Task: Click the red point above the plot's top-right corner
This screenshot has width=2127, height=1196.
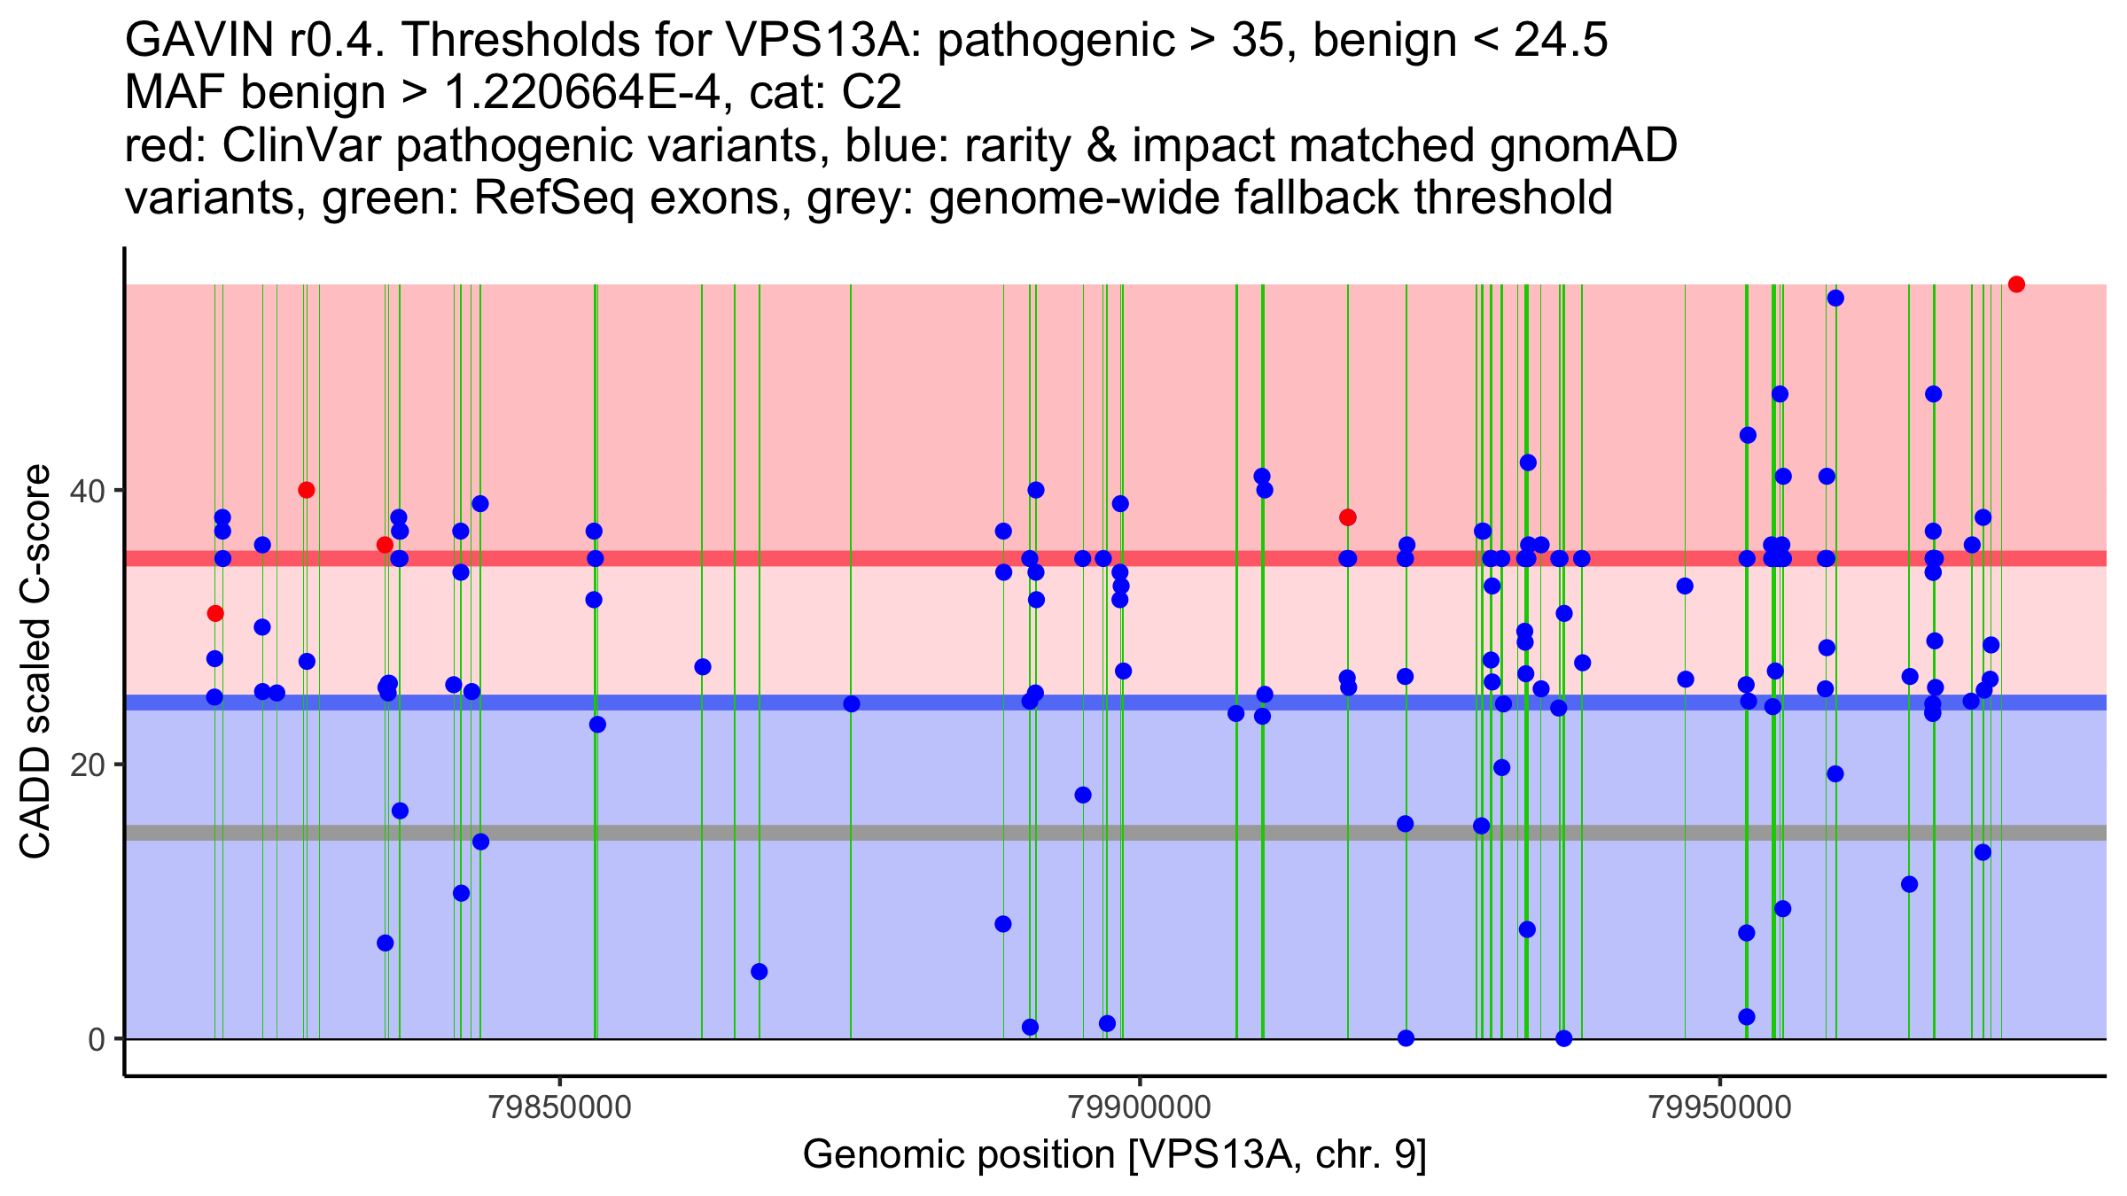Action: click(2016, 284)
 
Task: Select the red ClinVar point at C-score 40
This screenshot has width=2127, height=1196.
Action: click(307, 490)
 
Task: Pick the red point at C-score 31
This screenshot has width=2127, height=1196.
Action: click(215, 613)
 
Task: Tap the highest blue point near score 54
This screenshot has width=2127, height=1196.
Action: click(1835, 298)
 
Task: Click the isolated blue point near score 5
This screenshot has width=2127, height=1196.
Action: click(760, 972)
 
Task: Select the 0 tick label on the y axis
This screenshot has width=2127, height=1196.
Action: click(97, 1039)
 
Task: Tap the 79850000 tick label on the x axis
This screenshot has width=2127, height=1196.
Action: click(560, 1107)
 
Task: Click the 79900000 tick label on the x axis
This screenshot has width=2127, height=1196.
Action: click(1140, 1107)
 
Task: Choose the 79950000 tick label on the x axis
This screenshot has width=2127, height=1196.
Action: click(1720, 1107)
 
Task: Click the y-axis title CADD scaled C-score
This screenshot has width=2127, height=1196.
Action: click(35, 662)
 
